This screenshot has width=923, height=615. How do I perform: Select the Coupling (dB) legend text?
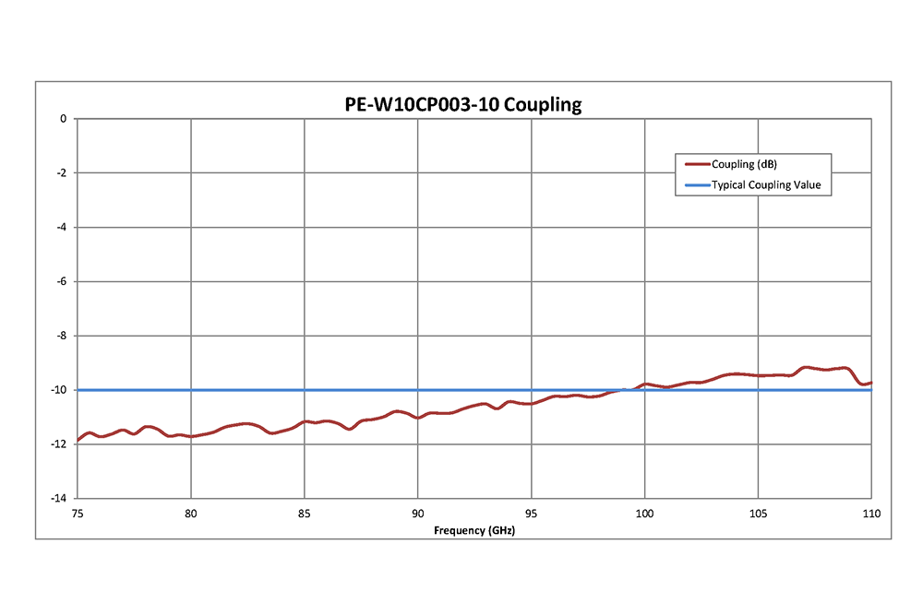[x=744, y=164]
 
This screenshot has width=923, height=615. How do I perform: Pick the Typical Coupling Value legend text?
[x=766, y=184]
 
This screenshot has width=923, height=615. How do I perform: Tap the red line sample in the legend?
[x=697, y=164]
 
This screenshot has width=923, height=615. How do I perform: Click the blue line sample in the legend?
[x=697, y=184]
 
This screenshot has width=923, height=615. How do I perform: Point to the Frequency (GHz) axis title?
[x=473, y=531]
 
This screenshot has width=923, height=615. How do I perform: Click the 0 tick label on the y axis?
[x=64, y=119]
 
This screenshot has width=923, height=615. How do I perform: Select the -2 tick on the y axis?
[x=61, y=173]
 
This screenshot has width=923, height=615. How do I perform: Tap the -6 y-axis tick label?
[x=61, y=281]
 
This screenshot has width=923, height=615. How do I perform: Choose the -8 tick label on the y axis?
[x=61, y=336]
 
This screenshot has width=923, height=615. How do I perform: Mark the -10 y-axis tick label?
[x=59, y=390]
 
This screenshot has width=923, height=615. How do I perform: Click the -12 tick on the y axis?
[x=59, y=444]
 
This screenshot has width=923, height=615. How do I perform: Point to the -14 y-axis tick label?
[x=59, y=498]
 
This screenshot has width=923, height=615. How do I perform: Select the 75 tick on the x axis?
[x=78, y=513]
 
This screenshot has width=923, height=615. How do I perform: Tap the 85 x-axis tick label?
[x=305, y=513]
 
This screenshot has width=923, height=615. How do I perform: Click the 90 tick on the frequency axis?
[x=418, y=513]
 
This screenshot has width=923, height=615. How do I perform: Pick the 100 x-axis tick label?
[x=645, y=513]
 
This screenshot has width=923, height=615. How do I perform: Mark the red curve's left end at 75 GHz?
[x=78, y=440]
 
